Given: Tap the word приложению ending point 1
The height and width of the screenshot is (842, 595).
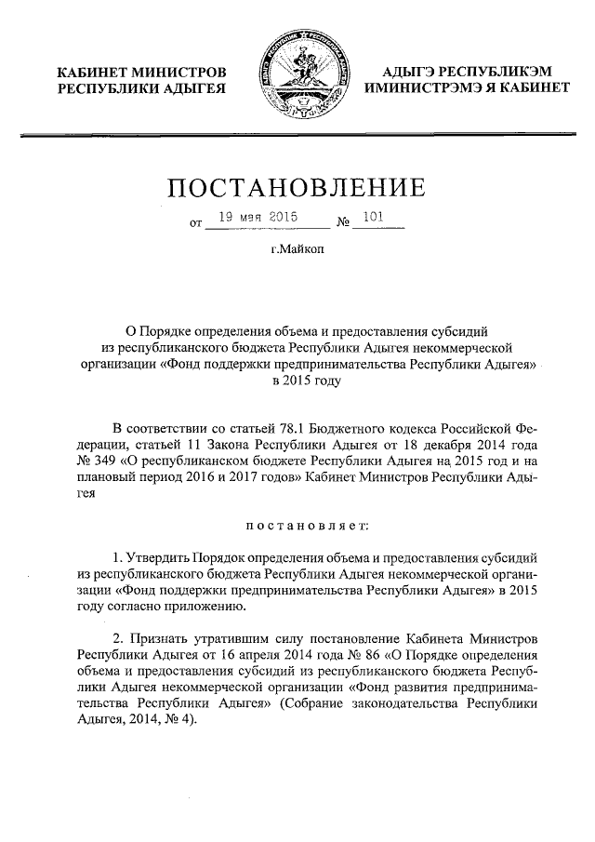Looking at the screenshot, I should [x=210, y=607].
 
